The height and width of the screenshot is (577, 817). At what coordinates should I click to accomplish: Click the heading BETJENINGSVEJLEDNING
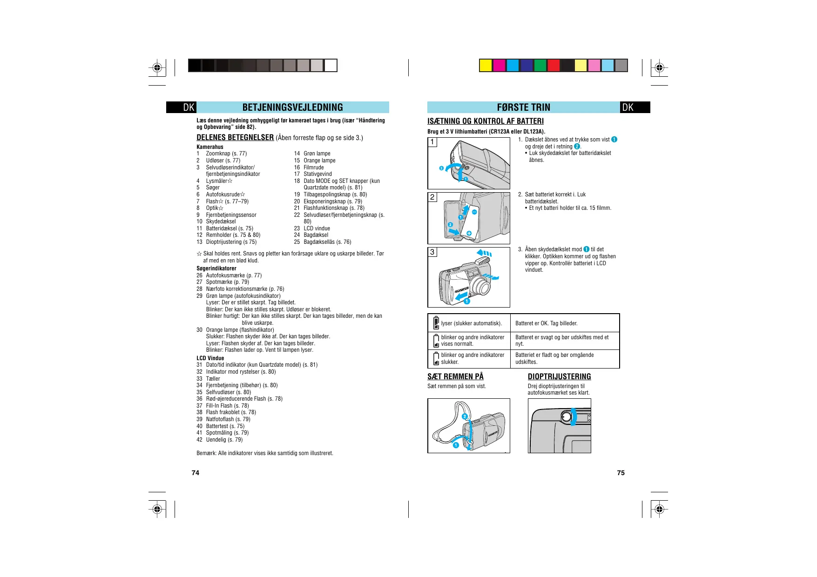tap(292, 107)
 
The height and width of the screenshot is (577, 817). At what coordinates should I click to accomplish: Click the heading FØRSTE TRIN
tap(523, 107)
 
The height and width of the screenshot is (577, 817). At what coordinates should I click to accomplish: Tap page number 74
tap(196, 473)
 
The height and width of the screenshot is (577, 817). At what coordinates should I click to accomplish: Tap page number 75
tap(621, 473)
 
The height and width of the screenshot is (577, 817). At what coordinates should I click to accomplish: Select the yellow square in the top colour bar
tap(486, 66)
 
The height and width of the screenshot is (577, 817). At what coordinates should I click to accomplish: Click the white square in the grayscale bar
tap(331, 66)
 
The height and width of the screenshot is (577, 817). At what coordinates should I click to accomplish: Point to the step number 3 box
tap(432, 252)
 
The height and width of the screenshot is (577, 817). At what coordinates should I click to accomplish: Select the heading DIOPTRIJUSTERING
tap(559, 376)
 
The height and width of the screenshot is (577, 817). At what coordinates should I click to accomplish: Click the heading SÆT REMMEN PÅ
tap(455, 376)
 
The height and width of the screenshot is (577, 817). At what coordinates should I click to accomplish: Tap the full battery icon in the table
tap(436, 322)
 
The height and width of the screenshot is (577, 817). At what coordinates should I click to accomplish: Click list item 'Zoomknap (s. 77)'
tap(226, 154)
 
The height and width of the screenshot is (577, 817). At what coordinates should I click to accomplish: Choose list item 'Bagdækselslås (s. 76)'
tap(327, 242)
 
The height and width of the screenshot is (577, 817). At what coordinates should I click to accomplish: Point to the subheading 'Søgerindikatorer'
tap(216, 268)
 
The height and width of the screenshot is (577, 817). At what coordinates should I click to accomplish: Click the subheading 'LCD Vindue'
tap(210, 358)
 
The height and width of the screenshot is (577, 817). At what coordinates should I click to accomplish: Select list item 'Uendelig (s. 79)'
tap(224, 440)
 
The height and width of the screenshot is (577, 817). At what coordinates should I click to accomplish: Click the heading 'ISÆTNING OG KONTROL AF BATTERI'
tap(486, 121)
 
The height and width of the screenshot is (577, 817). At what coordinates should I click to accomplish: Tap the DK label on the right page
tap(628, 107)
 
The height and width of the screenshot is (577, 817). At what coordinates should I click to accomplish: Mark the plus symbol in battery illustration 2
tap(469, 233)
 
